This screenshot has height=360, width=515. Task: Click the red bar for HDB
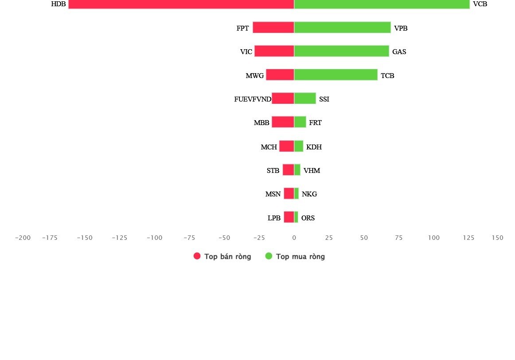click(181, 4)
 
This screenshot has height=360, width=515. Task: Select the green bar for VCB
click(382, 4)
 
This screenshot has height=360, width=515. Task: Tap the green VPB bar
click(343, 27)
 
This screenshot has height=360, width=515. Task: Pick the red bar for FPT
click(273, 27)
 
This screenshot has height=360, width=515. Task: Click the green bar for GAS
click(342, 51)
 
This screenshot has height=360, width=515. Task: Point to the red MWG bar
click(280, 75)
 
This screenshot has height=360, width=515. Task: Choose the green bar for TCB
click(336, 75)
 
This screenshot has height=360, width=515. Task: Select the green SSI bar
click(305, 98)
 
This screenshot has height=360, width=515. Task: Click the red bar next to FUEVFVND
click(283, 98)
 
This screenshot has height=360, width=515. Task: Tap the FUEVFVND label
click(253, 99)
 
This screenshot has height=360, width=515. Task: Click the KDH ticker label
click(314, 147)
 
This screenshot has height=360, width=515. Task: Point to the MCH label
click(269, 147)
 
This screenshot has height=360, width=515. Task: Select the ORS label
click(308, 218)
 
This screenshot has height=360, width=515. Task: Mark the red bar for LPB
click(289, 217)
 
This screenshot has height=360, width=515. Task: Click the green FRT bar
click(300, 122)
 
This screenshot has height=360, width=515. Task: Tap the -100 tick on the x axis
click(154, 238)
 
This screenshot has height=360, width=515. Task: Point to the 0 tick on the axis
click(294, 238)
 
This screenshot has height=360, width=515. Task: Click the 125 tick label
click(468, 238)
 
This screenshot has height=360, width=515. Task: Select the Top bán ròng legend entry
click(222, 257)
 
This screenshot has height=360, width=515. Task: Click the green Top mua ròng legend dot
click(269, 256)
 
